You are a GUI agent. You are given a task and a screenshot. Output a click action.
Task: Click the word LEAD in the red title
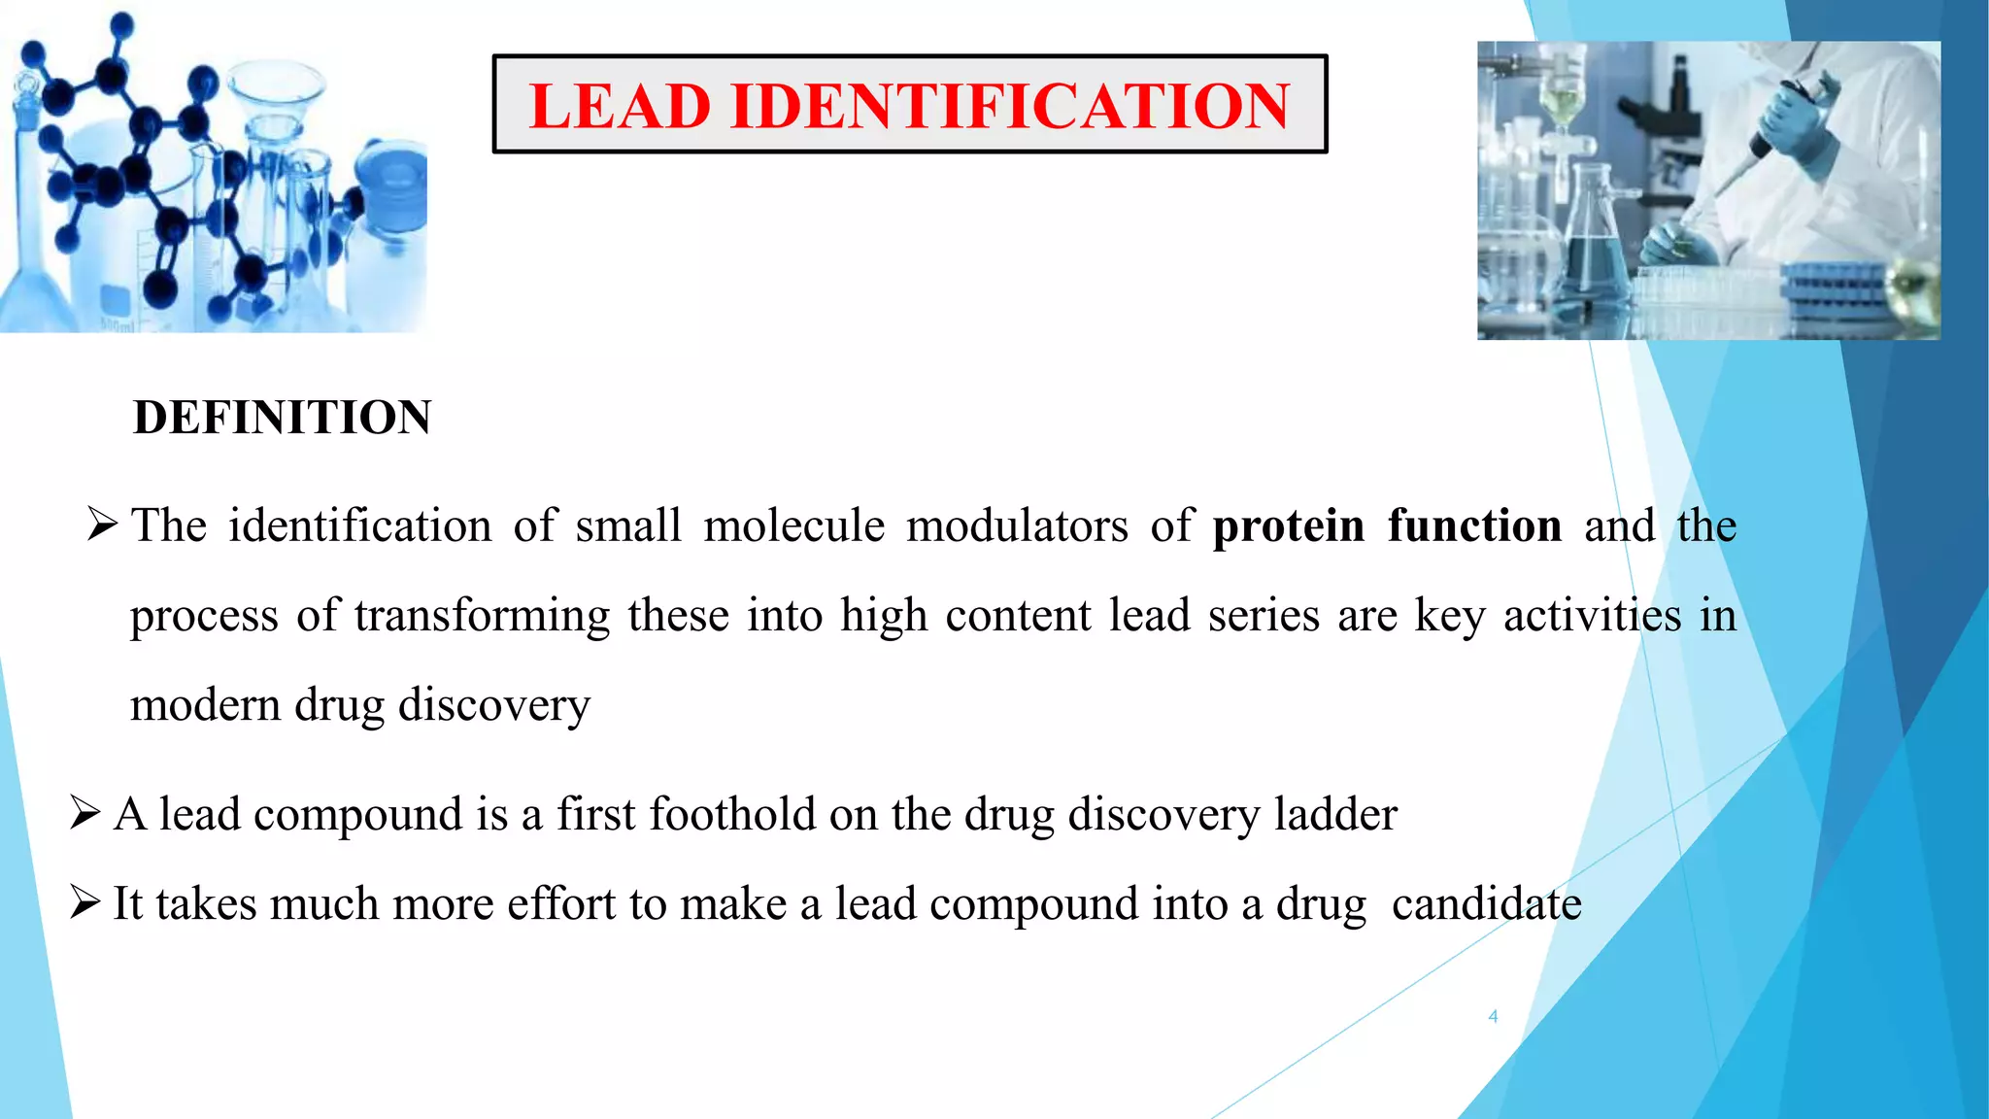click(620, 106)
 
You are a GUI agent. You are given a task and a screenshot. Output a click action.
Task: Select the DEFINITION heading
click(282, 418)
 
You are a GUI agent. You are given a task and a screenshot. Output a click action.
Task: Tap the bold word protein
click(1289, 526)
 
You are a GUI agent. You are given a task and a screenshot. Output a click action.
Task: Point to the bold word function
click(1474, 526)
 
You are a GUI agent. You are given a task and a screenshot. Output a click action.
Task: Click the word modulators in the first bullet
click(1017, 526)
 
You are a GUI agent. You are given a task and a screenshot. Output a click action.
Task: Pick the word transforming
click(482, 616)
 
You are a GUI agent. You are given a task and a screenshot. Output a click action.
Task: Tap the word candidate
click(1486, 904)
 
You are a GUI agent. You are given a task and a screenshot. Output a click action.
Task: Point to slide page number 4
click(1493, 1017)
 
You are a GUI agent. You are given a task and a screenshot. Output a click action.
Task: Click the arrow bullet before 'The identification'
click(102, 526)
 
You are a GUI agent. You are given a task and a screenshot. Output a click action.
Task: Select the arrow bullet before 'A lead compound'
click(85, 813)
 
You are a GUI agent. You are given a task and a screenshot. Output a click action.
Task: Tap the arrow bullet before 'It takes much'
click(85, 903)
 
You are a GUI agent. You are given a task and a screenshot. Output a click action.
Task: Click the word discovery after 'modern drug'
click(493, 705)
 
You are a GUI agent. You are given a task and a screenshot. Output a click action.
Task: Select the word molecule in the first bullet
click(793, 526)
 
